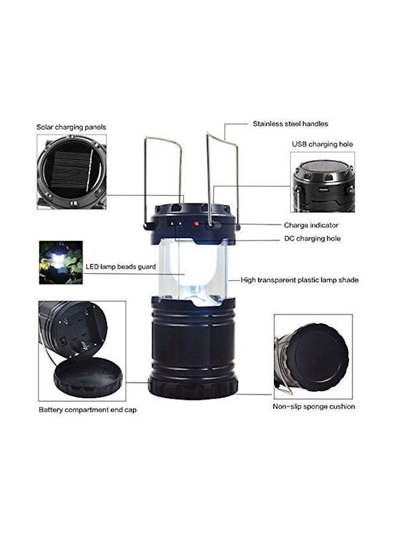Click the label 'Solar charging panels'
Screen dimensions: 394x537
pyautogui.click(x=71, y=127)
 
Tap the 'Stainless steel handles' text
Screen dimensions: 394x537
pyautogui.click(x=290, y=124)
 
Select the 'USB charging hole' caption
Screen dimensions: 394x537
pyautogui.click(x=322, y=144)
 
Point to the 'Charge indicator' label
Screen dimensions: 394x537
pyautogui.click(x=311, y=225)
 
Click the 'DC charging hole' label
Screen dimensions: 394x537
pyautogui.click(x=312, y=238)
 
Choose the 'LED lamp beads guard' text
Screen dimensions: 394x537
pyautogui.click(x=121, y=267)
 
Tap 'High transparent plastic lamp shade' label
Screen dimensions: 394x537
pyautogui.click(x=300, y=280)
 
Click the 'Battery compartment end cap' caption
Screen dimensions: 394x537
pyautogui.click(x=88, y=409)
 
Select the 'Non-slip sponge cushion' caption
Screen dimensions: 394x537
pyautogui.click(x=314, y=406)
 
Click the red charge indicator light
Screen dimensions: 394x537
pyautogui.click(x=196, y=224)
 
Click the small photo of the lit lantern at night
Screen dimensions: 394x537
pyautogui.click(x=61, y=263)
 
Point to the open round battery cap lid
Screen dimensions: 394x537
pyautogui.click(x=88, y=377)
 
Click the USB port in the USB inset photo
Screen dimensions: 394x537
pyautogui.click(x=323, y=189)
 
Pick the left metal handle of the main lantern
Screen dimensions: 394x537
pyautogui.click(x=163, y=178)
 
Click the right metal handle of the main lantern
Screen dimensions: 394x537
pyautogui.click(x=223, y=178)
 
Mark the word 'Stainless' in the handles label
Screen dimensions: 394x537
pyautogui.click(x=267, y=124)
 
